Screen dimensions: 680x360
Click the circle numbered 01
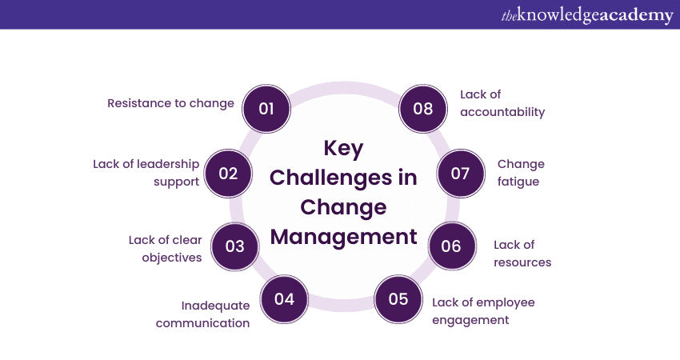pos(266,109)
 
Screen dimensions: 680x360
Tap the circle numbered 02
pos(228,174)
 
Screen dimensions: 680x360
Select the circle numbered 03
pos(235,246)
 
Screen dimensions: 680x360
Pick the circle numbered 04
pos(285,299)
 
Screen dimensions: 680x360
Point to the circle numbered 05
pos(398,299)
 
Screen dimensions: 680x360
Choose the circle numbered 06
pos(452,246)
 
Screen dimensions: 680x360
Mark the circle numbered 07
pos(461,174)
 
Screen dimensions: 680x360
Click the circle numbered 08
pos(423,109)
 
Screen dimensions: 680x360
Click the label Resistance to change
pos(171,104)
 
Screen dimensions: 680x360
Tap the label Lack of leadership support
pos(146,173)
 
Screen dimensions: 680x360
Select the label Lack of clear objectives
pos(166,249)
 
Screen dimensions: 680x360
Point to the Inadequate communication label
pos(202,314)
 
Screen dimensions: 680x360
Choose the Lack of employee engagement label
pos(483,311)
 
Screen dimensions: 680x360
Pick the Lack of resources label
pos(522,254)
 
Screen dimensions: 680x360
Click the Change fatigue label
pos(521,173)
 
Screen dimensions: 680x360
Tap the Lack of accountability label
pos(502,103)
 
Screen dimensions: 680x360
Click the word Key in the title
pos(343,149)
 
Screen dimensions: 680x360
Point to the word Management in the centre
pos(343,236)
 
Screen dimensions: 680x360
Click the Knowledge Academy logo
pos(587,15)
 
